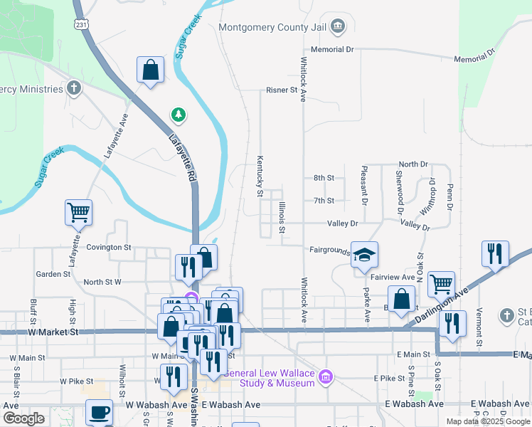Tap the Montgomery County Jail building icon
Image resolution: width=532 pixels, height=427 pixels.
click(x=339, y=28)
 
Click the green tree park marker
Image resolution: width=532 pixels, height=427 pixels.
click(x=177, y=114)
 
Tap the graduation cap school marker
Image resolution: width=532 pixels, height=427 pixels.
click(x=364, y=255)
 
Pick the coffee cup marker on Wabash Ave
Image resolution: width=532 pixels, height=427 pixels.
click(x=99, y=412)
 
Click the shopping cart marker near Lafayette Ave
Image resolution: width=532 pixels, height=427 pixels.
click(x=78, y=211)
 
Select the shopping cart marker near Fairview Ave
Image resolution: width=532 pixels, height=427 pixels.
click(x=441, y=283)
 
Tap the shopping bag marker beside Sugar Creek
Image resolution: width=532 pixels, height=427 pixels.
click(x=150, y=70)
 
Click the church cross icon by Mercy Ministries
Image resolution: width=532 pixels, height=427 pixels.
click(x=73, y=88)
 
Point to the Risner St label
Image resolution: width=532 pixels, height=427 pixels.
click(x=282, y=90)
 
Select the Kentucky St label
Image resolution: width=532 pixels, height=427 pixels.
click(x=260, y=176)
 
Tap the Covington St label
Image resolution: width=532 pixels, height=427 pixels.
click(x=109, y=248)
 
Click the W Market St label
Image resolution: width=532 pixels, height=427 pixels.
click(x=53, y=332)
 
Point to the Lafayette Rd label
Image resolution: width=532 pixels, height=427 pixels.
click(x=182, y=158)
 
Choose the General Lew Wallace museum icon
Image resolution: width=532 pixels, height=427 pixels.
click(x=326, y=376)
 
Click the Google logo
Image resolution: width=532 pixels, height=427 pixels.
click(x=24, y=418)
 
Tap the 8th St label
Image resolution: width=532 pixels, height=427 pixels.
click(x=324, y=178)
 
